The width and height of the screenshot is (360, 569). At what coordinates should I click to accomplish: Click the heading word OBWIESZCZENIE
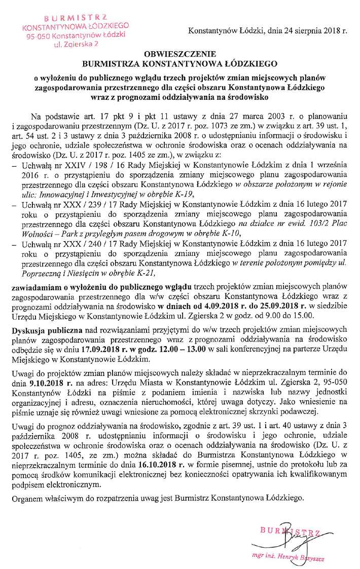(x=180, y=54)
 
